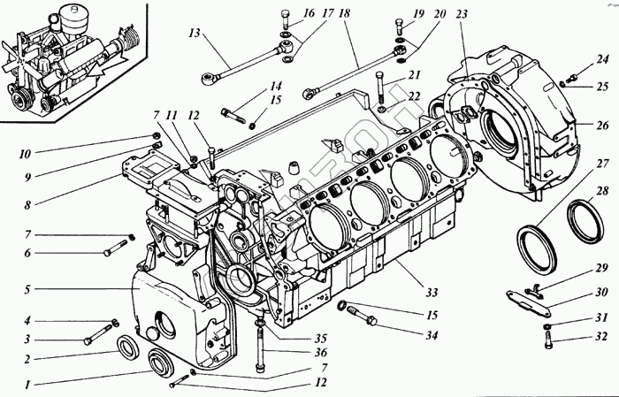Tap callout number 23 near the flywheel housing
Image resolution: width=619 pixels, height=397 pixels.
click(x=462, y=16)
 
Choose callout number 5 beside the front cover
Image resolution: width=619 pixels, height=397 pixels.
click(x=28, y=288)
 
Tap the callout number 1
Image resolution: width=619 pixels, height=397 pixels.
click(x=29, y=386)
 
